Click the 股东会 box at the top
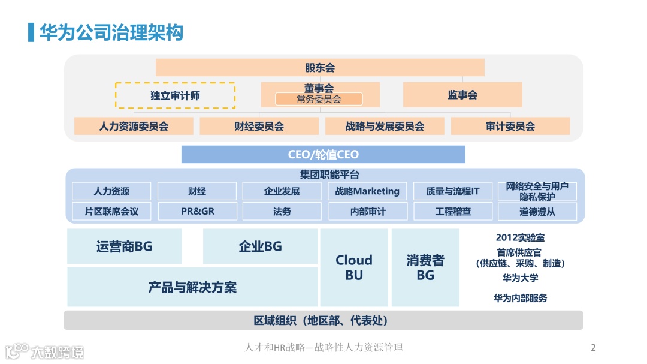[320, 68]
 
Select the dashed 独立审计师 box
[175, 95]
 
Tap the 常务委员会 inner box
[319, 100]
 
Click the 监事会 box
[462, 95]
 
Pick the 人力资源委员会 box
[134, 127]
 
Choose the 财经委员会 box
[259, 127]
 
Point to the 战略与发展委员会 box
[385, 127]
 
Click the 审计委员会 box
[510, 127]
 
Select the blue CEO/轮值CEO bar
[323, 155]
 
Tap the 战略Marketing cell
[367, 191]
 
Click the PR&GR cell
[197, 211]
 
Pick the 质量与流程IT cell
[453, 191]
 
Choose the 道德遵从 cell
[537, 211]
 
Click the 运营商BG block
[124, 246]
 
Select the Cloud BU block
[353, 267]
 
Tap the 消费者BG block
[425, 267]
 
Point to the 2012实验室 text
[520, 237]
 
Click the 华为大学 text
[520, 278]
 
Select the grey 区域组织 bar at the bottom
[323, 320]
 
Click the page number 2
[593, 348]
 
